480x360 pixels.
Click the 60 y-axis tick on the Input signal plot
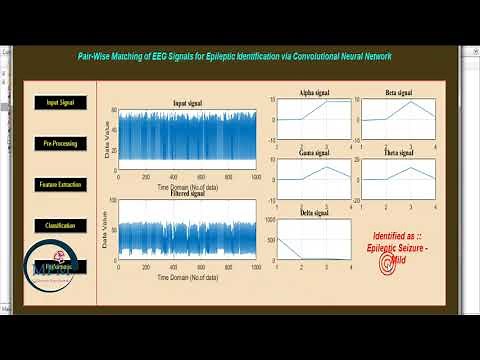[x=113, y=109]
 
